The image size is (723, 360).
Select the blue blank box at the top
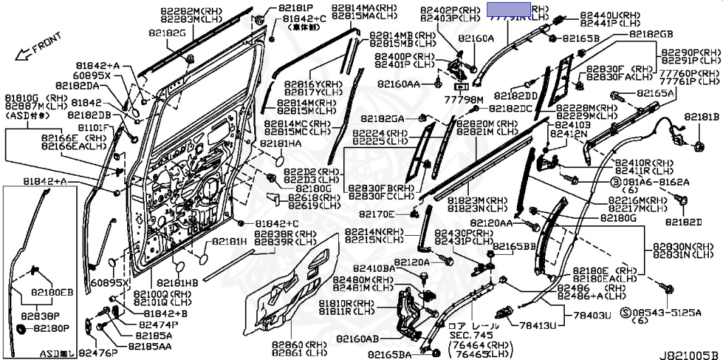point(508,9)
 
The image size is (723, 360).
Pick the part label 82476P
point(98,352)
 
